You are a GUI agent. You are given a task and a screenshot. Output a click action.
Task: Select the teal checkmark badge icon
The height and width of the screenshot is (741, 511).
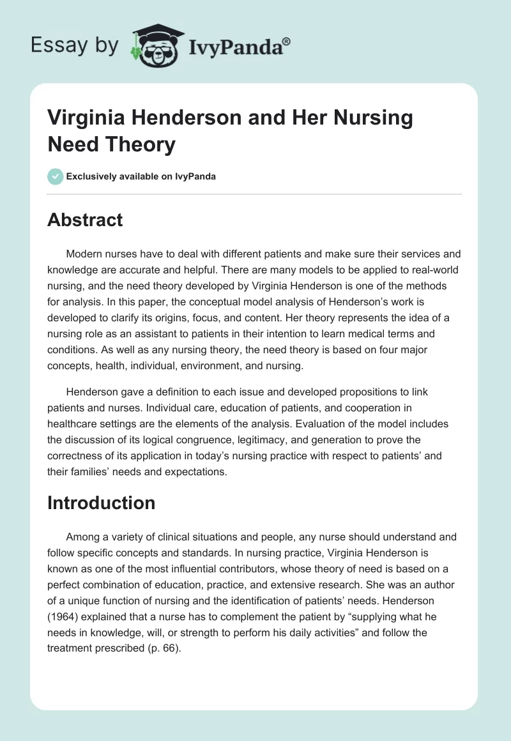(x=56, y=176)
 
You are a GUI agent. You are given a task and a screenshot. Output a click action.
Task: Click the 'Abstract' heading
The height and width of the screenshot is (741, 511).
(x=85, y=220)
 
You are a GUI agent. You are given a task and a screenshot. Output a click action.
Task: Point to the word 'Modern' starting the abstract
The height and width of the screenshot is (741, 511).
(x=84, y=254)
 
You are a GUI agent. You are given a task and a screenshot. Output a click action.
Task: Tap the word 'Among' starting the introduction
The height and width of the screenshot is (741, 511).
(x=82, y=537)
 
